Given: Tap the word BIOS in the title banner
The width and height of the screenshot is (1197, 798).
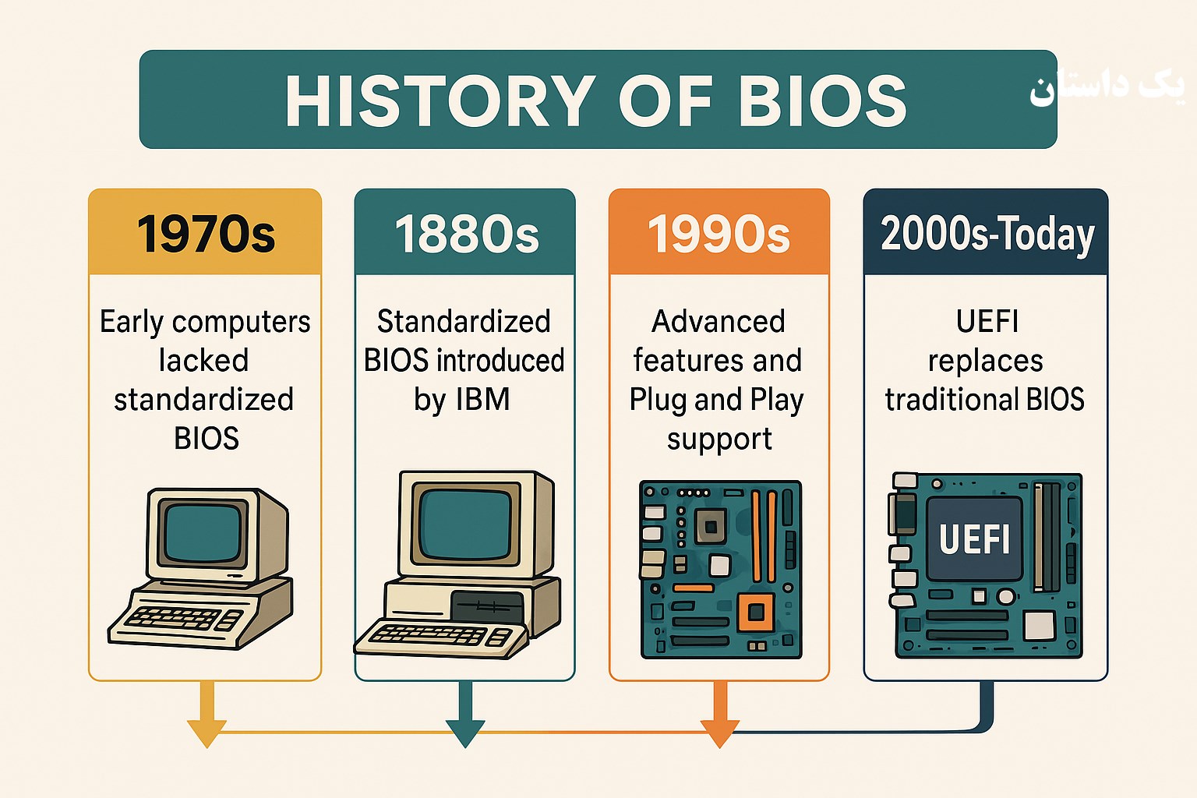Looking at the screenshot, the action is [823, 101].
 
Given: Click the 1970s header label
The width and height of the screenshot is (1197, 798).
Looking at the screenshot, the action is [206, 234].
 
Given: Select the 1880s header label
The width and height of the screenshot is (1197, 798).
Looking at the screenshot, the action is [467, 234].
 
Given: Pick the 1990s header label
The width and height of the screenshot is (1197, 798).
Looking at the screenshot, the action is [719, 234].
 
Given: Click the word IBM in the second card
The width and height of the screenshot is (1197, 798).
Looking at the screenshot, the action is [483, 399].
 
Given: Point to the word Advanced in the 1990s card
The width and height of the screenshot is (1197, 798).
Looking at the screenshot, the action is [719, 321].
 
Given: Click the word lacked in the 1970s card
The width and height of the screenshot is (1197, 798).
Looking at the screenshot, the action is [203, 360].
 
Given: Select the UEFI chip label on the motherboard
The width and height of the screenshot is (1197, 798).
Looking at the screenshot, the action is [974, 538].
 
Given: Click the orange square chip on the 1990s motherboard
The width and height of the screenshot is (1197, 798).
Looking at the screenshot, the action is [756, 612].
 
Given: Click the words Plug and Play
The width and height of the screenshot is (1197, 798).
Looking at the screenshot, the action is [717, 401].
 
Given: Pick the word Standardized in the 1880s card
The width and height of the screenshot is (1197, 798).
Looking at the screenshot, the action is [464, 321].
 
